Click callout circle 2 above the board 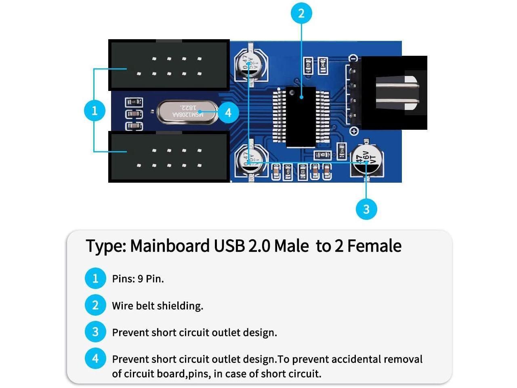[x=301, y=13]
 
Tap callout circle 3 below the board [x=366, y=209]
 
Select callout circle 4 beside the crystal [x=228, y=112]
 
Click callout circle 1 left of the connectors [x=95, y=110]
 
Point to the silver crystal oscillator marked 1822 [x=187, y=112]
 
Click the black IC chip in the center [x=301, y=117]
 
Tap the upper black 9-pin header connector [x=169, y=65]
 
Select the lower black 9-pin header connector [x=169, y=157]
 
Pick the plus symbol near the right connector [x=354, y=131]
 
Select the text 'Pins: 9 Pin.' [x=138, y=279]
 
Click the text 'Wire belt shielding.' [x=158, y=306]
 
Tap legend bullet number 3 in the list [x=95, y=332]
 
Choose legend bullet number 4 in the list [x=95, y=358]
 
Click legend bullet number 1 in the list [x=95, y=278]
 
